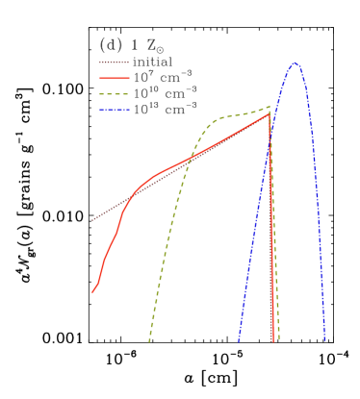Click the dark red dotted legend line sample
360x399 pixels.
[x=114, y=62]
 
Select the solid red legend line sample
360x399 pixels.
[x=114, y=78]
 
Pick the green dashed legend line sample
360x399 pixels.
[x=114, y=94]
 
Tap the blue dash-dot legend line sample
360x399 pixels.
[x=114, y=110]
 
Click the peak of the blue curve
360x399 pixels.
[x=295, y=63]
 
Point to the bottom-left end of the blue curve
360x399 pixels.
[x=239, y=339]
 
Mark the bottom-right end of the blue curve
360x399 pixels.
[x=324, y=339]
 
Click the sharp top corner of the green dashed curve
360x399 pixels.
[x=270, y=106]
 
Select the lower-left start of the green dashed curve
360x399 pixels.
[x=149, y=339]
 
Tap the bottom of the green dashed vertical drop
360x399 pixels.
[x=278, y=339]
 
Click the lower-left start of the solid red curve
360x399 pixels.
[x=93, y=290]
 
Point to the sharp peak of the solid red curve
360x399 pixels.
[x=269, y=113]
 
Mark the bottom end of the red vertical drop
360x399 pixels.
[x=272, y=339]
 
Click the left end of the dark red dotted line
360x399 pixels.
[x=93, y=220]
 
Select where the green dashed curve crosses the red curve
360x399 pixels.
[x=189, y=158]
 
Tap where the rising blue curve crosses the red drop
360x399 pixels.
[x=270, y=125]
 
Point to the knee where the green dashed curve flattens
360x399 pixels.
[x=214, y=121]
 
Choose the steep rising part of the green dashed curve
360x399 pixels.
[x=168, y=231]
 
